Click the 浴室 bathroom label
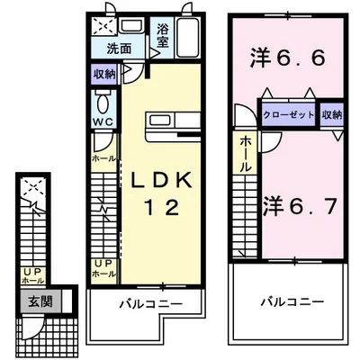163,35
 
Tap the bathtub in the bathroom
189,40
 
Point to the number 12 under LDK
161,208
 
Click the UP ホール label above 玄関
33,275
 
